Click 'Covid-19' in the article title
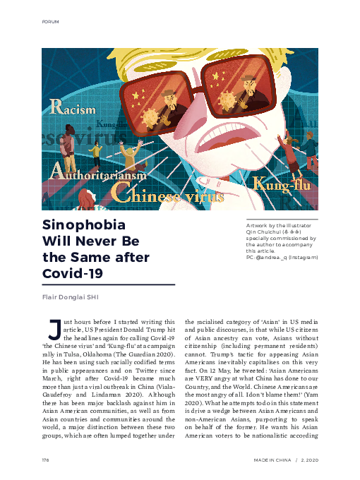[x=68, y=272]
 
